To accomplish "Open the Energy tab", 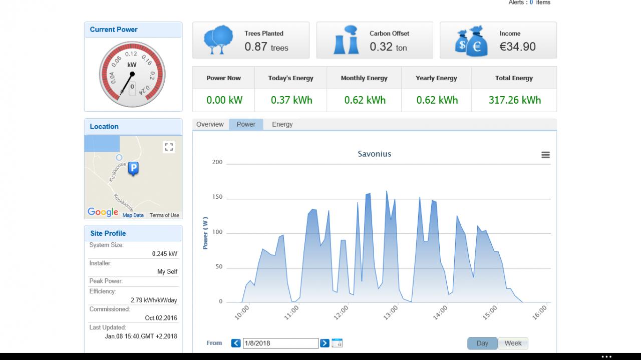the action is (282, 125).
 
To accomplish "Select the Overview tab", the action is (210, 125).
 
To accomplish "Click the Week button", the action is (513, 343).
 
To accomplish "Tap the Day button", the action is (482, 343).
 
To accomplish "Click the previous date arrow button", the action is (236, 343).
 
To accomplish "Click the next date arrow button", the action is (325, 343).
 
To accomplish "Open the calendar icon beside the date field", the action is (337, 343).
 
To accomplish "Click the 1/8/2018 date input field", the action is (280, 343).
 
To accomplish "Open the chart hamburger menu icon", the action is (545, 155).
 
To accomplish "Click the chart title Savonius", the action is (374, 154).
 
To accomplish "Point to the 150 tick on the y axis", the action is (217, 197).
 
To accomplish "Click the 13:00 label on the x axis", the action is (391, 312).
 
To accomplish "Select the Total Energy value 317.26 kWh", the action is (514, 100).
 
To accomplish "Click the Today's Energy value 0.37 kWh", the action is (291, 100).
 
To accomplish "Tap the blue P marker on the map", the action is (133, 169).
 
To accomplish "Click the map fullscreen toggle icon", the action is (169, 147).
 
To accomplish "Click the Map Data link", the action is (133, 215).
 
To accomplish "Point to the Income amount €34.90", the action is (517, 47).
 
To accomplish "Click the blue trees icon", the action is (218, 40).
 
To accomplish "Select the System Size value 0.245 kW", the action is (165, 254).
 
